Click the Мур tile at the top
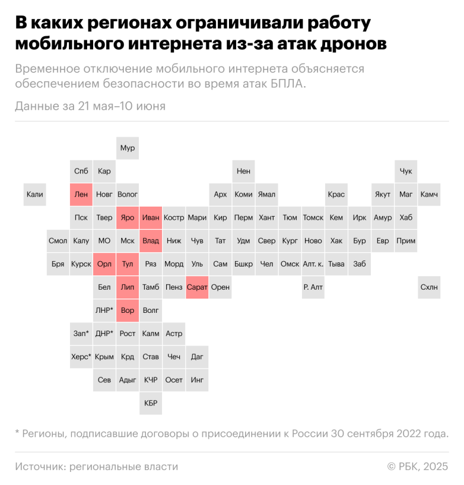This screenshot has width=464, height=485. (x=128, y=148)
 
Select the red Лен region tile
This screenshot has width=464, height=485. (x=81, y=194)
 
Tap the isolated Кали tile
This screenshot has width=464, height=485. (x=35, y=194)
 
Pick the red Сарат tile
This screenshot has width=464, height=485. (x=197, y=287)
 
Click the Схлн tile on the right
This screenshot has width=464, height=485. (x=429, y=287)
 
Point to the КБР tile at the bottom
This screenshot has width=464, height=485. (x=151, y=403)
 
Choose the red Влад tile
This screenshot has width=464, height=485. (x=151, y=241)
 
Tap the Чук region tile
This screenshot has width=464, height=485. (x=406, y=171)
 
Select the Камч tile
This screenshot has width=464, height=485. (x=429, y=194)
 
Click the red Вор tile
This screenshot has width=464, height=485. (x=128, y=310)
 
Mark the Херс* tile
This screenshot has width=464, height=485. (x=81, y=357)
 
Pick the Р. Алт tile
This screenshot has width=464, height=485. (x=313, y=287)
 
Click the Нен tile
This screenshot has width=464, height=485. (x=243, y=171)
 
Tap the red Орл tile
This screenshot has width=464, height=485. (x=104, y=264)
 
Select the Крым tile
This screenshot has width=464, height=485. (x=104, y=357)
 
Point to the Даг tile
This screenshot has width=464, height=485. (x=197, y=357)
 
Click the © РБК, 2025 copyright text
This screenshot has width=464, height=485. (x=418, y=467)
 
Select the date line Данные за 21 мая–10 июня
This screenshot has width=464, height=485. (x=90, y=106)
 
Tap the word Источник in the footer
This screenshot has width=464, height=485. (x=40, y=467)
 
